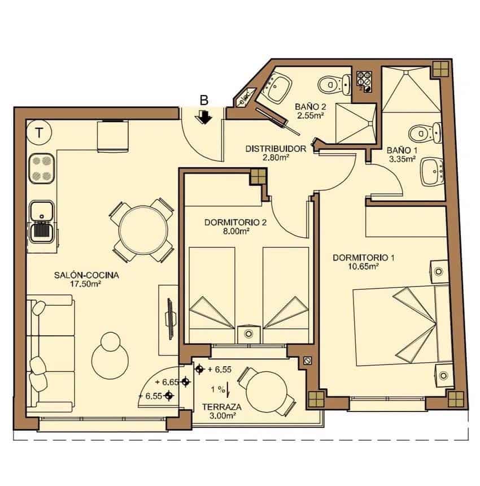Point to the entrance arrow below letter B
pyautogui.click(x=204, y=117)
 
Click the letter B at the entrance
pyautogui.click(x=204, y=101)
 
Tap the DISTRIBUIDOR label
pyautogui.click(x=275, y=149)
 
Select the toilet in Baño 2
pyautogui.click(x=330, y=85)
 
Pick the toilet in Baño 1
pyautogui.click(x=422, y=133)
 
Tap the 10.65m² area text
pyautogui.click(x=363, y=267)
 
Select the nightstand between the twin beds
pyautogui.click(x=248, y=333)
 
